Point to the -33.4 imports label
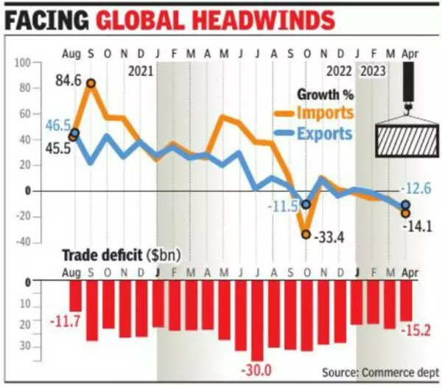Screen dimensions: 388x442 [329, 237]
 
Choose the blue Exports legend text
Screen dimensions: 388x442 [324, 134]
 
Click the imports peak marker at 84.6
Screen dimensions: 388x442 [91, 83]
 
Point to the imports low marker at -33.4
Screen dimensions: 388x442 [306, 234]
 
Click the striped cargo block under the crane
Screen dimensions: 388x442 [407, 139]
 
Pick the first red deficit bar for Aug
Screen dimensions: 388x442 [75, 299]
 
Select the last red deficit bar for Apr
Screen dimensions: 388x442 [407, 302]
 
